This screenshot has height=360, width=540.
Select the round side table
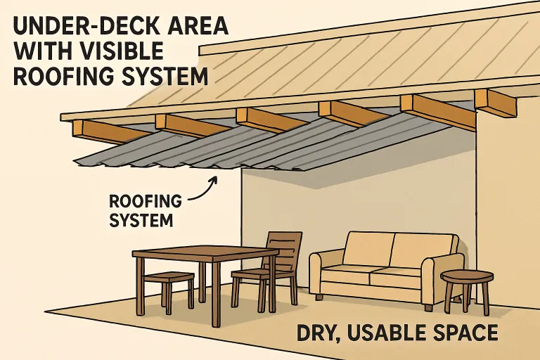pyautogui.click(x=467, y=277)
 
